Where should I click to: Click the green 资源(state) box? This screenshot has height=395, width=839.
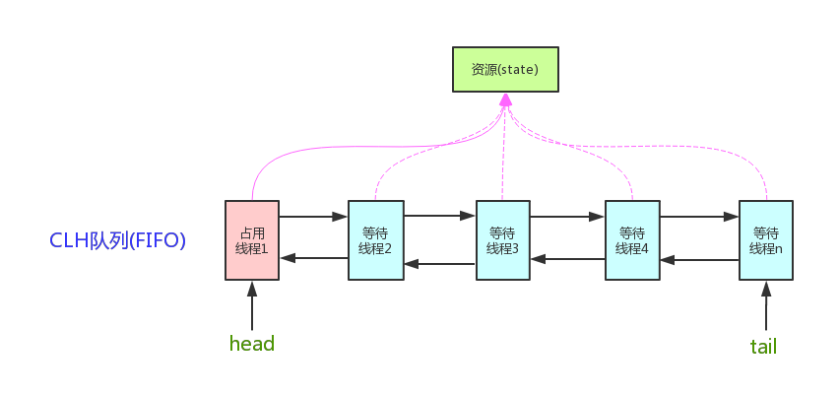click(505, 69)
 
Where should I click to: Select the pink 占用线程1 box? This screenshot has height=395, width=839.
click(252, 240)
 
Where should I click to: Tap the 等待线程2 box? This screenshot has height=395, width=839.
click(376, 240)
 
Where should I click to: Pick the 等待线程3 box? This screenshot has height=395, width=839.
click(502, 240)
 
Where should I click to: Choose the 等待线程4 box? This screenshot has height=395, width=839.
click(632, 240)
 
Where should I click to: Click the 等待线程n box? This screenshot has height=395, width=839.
click(765, 240)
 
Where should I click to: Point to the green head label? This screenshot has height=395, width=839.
click(251, 344)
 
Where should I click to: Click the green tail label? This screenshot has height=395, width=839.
click(764, 346)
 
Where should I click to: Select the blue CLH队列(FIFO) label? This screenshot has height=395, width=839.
click(118, 240)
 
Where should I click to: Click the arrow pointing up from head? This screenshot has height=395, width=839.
click(252, 305)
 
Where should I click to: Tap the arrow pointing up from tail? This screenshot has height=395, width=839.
click(765, 305)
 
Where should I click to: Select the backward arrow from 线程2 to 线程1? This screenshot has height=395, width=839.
click(314, 258)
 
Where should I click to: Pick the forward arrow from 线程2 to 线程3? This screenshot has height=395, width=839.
click(439, 214)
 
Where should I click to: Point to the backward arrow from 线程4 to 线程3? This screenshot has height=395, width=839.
click(568, 259)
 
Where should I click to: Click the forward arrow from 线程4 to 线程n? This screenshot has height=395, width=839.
click(699, 215)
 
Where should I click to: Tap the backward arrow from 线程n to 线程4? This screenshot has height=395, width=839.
click(699, 261)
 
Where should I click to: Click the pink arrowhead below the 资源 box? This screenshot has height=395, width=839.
click(505, 100)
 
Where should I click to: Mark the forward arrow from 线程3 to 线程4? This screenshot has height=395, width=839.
click(568, 215)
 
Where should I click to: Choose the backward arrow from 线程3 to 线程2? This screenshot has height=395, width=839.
click(439, 263)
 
